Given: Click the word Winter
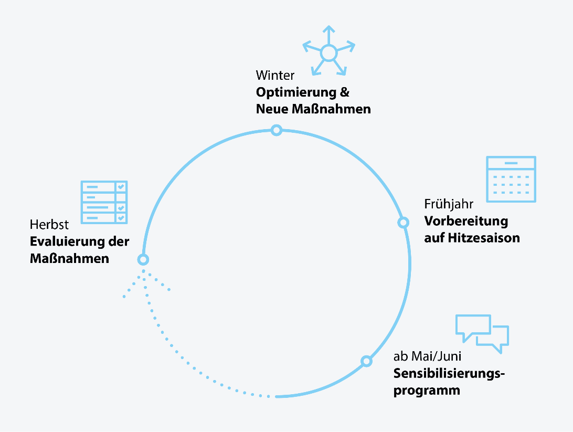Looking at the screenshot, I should click(275, 75).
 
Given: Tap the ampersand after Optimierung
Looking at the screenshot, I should click(344, 92).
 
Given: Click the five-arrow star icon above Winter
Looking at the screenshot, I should click(328, 52).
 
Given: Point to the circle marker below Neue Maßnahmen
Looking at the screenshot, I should click(277, 130).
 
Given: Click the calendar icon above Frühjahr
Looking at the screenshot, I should click(511, 179).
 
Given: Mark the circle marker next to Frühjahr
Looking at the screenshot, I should click(403, 223).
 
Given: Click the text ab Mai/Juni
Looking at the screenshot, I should click(427, 357).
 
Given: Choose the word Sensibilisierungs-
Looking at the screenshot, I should click(449, 374).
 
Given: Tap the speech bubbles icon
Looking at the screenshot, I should click(482, 333).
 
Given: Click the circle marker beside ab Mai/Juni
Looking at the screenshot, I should click(367, 361).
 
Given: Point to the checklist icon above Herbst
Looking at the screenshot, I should click(104, 202).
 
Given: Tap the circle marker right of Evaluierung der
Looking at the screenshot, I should click(143, 259).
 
